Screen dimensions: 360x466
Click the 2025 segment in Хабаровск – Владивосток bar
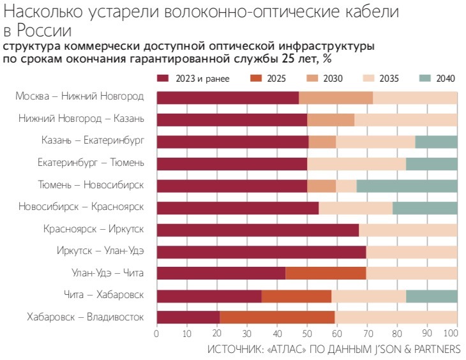(x=277, y=317)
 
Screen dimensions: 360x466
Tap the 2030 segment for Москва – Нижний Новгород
(x=336, y=98)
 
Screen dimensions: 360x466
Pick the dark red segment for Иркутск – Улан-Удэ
(x=261, y=251)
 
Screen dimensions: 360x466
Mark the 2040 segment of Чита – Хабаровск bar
(x=432, y=296)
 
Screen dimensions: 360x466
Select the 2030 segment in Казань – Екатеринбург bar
(x=322, y=142)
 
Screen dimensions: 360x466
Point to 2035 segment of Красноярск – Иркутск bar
(x=408, y=230)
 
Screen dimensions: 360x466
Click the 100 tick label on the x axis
(x=456, y=333)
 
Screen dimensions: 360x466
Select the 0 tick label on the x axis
(x=156, y=333)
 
